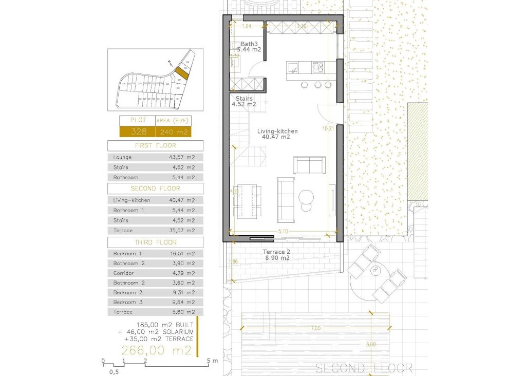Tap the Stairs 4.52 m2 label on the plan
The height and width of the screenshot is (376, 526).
click(x=244, y=101)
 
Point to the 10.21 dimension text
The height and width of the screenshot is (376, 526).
click(x=328, y=128)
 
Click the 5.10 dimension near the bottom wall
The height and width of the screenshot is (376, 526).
click(x=283, y=232)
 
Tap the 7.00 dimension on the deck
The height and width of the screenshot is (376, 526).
click(x=315, y=328)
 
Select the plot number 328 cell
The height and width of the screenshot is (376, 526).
click(x=139, y=131)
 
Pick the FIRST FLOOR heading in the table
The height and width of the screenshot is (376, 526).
click(x=155, y=146)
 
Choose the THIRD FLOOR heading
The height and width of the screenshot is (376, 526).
click(x=155, y=242)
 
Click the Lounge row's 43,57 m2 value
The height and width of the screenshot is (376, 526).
click(x=182, y=157)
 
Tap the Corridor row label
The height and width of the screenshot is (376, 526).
click(x=123, y=273)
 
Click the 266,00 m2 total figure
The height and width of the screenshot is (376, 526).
click(x=156, y=351)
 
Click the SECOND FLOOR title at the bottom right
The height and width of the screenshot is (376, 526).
click(x=364, y=368)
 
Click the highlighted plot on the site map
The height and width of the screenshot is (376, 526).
click(x=182, y=73)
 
